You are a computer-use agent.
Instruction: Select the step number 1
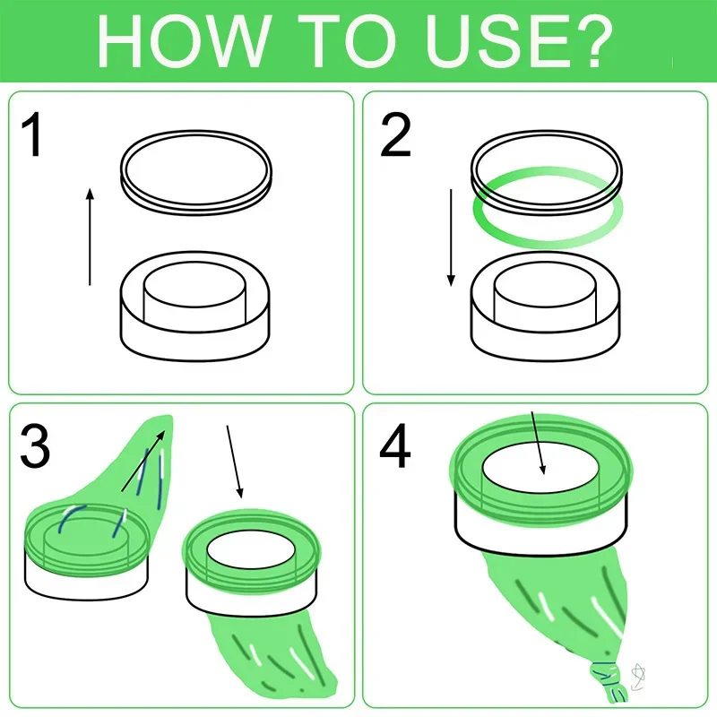pyautogui.click(x=32, y=135)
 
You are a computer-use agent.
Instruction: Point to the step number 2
pyautogui.click(x=395, y=135)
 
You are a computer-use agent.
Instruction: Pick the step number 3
pyautogui.click(x=35, y=445)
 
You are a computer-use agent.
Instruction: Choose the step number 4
pyautogui.click(x=395, y=445)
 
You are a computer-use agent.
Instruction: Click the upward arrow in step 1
pyautogui.click(x=91, y=237)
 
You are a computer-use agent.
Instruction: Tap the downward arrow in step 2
pyautogui.click(x=451, y=238)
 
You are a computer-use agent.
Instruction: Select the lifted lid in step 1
pyautogui.click(x=196, y=172)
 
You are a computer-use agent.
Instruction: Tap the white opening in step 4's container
pyautogui.click(x=540, y=470)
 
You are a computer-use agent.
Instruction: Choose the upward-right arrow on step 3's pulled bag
pyautogui.click(x=143, y=461)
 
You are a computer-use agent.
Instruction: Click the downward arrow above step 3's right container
pyautogui.click(x=235, y=462)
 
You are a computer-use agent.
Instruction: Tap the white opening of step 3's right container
pyautogui.click(x=251, y=548)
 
